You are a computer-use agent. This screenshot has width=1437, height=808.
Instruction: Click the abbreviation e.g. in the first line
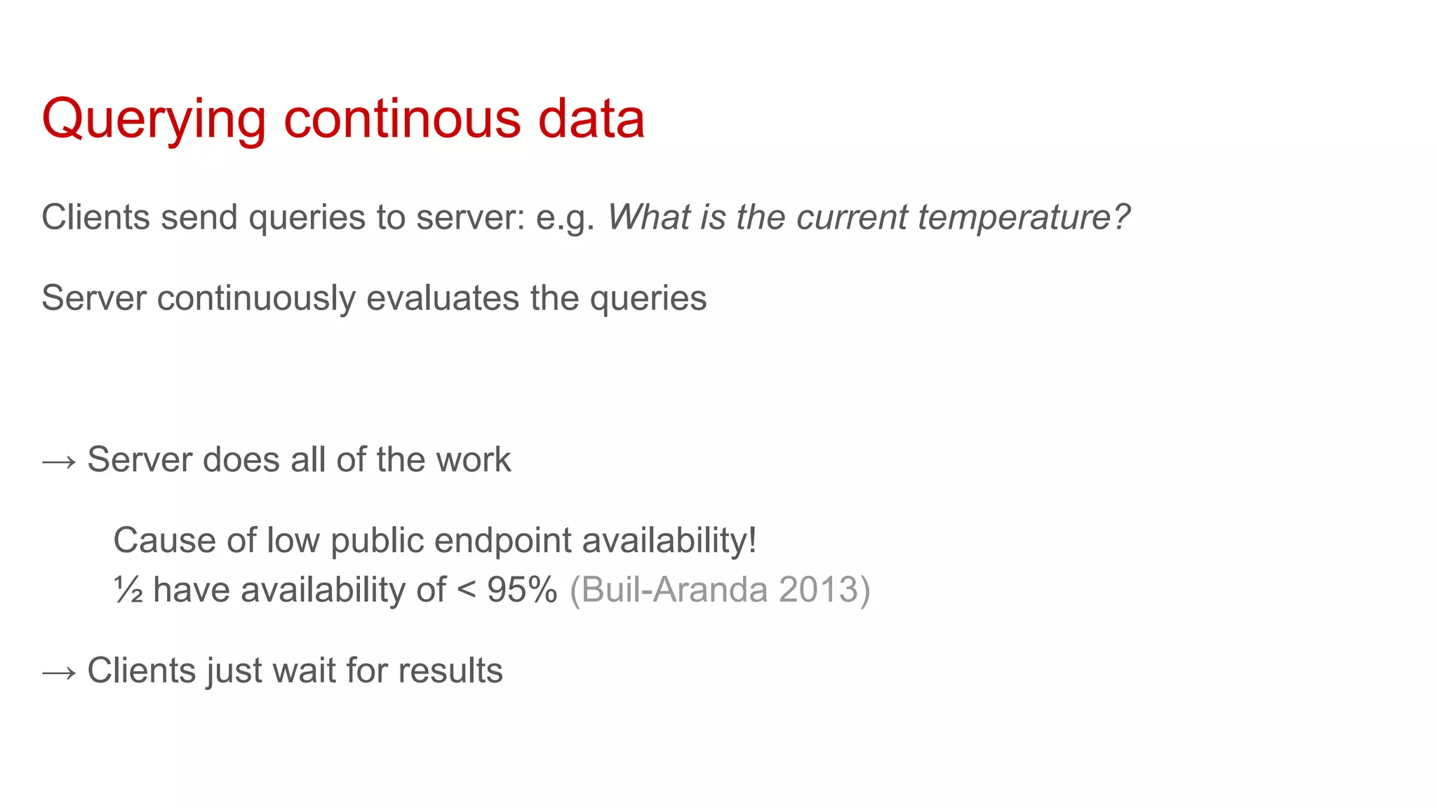[x=566, y=218]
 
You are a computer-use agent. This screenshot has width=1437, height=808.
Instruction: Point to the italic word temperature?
[x=1024, y=218]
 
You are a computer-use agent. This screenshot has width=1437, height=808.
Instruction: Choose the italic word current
[x=852, y=217]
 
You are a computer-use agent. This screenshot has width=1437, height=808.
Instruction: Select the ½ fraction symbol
[x=128, y=590]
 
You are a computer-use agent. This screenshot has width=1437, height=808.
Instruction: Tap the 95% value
[x=522, y=590]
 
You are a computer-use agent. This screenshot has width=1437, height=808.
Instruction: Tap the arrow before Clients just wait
[x=59, y=672]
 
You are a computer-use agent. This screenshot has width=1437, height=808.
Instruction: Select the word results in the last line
[x=450, y=671]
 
